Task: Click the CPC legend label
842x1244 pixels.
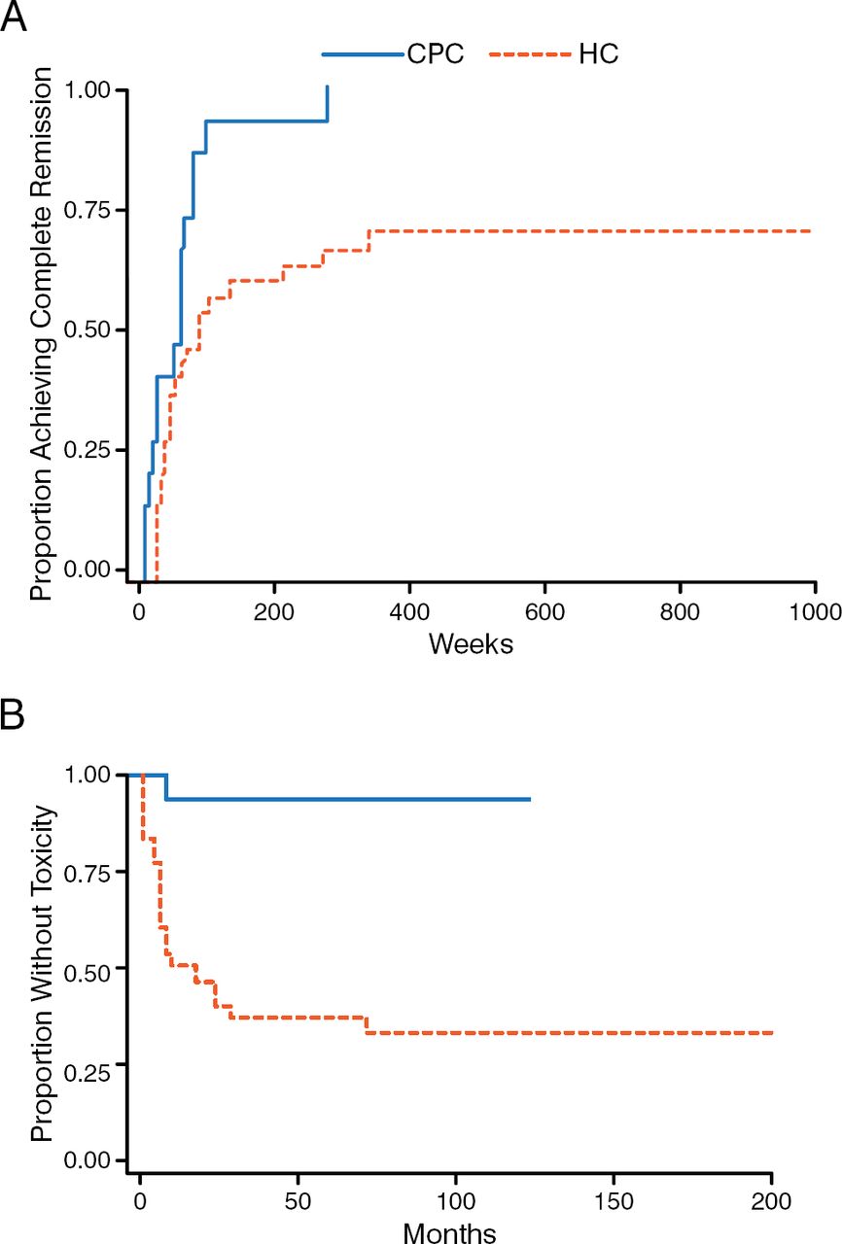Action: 435,54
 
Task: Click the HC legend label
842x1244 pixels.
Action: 598,54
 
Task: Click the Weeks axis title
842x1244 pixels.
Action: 471,644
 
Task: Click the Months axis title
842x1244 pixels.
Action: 451,1233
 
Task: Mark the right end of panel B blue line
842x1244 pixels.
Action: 530,799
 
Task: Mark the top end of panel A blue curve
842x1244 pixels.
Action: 328,86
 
